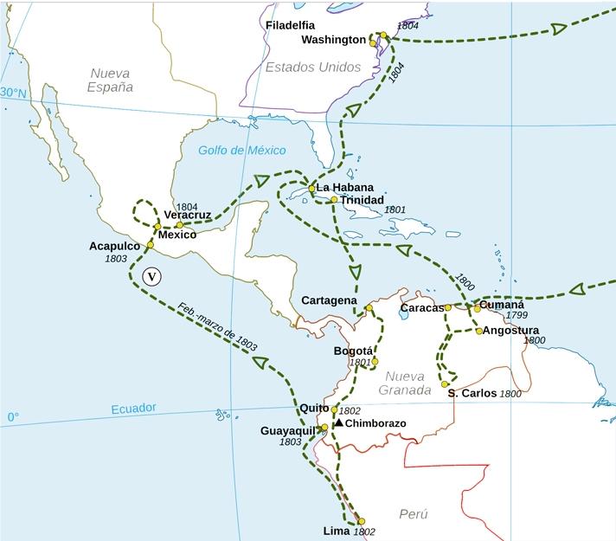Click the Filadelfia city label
click(x=290, y=25)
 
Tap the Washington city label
click(x=333, y=40)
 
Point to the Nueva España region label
click(x=110, y=81)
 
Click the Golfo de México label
click(x=241, y=150)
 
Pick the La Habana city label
click(x=344, y=187)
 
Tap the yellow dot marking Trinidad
click(x=334, y=200)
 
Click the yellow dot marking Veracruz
click(x=179, y=225)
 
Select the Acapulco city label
click(x=114, y=246)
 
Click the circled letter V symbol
click(x=151, y=277)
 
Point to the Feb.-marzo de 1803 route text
click(x=217, y=326)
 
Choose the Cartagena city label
click(x=329, y=300)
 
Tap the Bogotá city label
click(x=353, y=351)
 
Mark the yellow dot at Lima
click(x=362, y=521)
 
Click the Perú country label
click(x=414, y=514)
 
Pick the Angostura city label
click(x=510, y=331)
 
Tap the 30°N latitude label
click(x=14, y=93)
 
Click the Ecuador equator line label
click(x=133, y=408)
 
